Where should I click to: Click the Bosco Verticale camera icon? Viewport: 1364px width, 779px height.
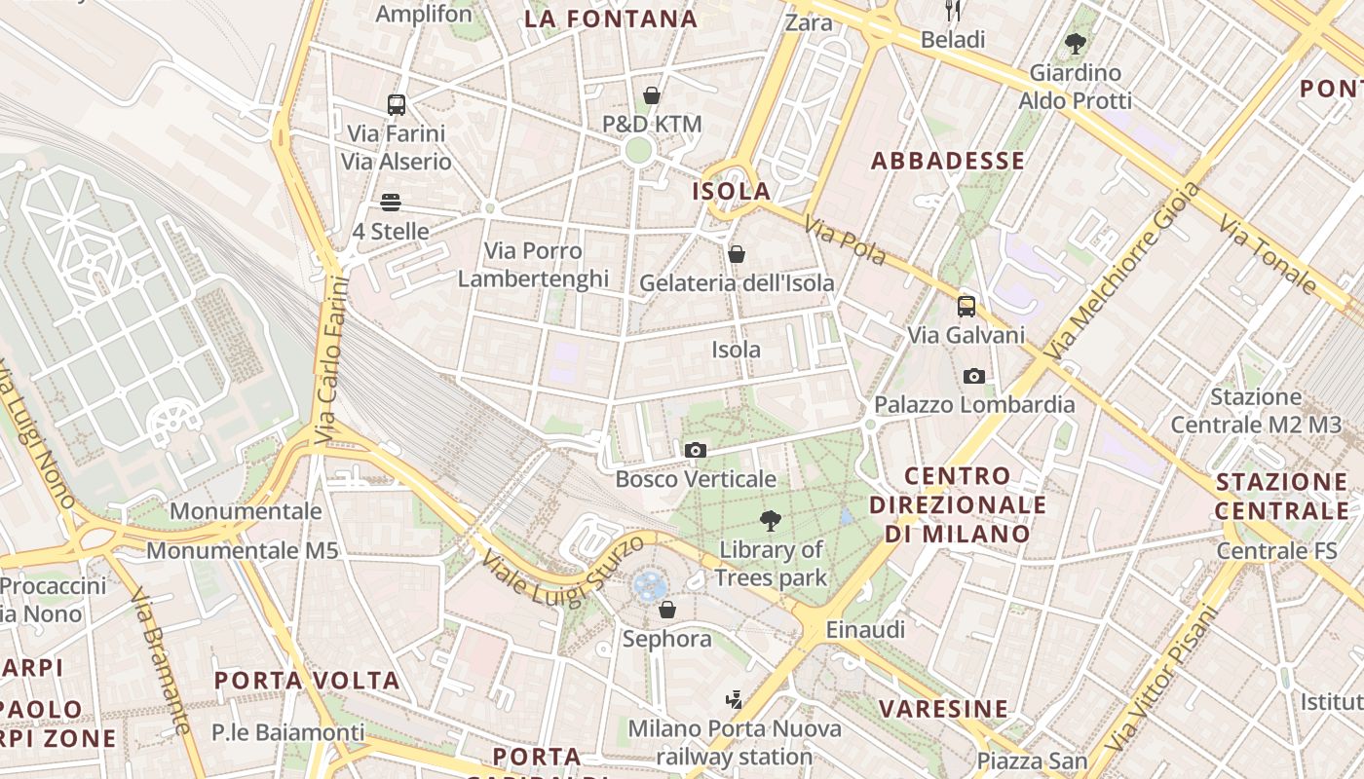[x=695, y=450]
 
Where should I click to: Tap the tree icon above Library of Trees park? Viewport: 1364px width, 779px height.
[x=771, y=520]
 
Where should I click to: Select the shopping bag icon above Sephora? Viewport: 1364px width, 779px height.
[x=667, y=610]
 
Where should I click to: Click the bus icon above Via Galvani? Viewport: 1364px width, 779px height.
[x=966, y=307]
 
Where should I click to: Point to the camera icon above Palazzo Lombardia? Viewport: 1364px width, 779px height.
[x=973, y=376]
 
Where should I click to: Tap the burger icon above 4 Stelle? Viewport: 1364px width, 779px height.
[x=391, y=203]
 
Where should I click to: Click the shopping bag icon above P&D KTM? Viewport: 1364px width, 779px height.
[x=652, y=95]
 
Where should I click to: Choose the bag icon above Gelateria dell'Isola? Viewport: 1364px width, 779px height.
[x=737, y=254]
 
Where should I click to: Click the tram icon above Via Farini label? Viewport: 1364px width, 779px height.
[x=396, y=105]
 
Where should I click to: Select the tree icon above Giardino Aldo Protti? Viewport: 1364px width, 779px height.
[x=1076, y=44]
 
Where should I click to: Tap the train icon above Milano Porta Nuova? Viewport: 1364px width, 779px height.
[x=734, y=700]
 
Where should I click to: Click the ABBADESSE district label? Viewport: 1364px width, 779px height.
[x=947, y=162]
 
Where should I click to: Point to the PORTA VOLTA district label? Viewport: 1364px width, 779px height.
[x=307, y=680]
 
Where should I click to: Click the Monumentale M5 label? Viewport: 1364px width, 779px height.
[x=242, y=550]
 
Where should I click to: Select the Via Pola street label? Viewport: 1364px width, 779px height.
[x=844, y=241]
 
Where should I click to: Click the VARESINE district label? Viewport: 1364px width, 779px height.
[x=943, y=708]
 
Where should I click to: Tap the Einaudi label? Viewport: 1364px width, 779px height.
[x=865, y=629]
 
